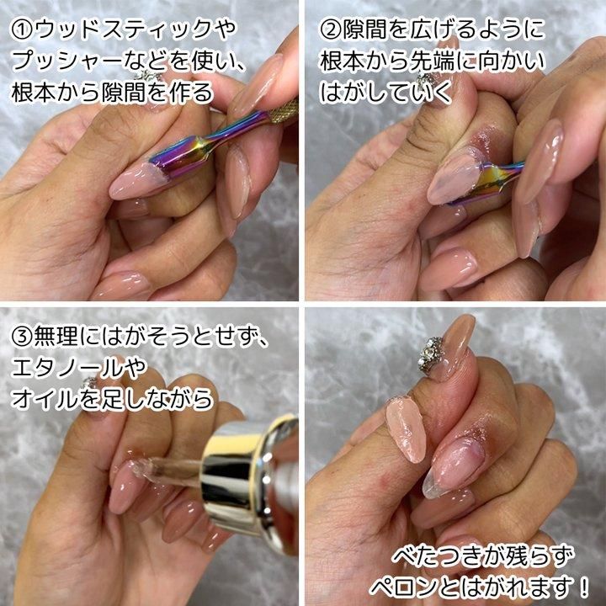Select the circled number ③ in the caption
tap(22, 337)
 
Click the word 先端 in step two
tap(431, 61)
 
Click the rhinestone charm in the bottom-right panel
tap(431, 355)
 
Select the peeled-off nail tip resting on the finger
tap(407, 430)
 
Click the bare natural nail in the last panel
tap(453, 467)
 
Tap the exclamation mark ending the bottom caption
tap(583, 587)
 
